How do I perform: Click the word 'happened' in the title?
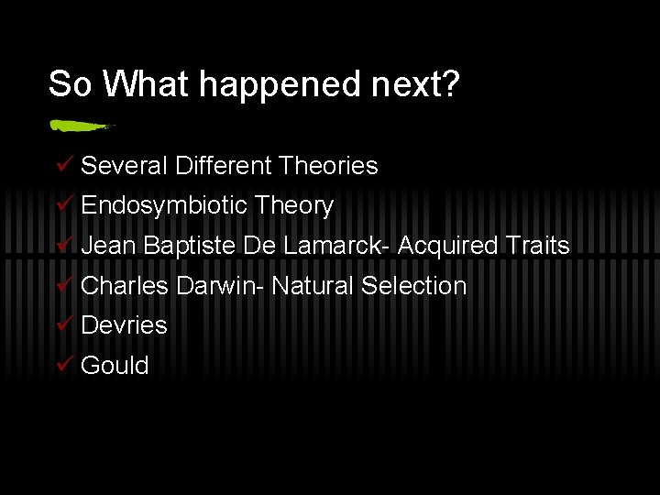(x=281, y=84)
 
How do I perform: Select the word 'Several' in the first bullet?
(x=124, y=166)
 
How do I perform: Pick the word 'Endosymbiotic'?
(x=164, y=206)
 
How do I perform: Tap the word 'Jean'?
(x=108, y=246)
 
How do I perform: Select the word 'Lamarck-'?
(x=336, y=246)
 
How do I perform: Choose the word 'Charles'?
(x=125, y=286)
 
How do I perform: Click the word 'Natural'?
(x=313, y=286)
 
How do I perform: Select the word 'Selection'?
(x=413, y=286)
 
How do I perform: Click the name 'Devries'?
(x=124, y=325)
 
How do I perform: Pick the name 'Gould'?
(x=115, y=366)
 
